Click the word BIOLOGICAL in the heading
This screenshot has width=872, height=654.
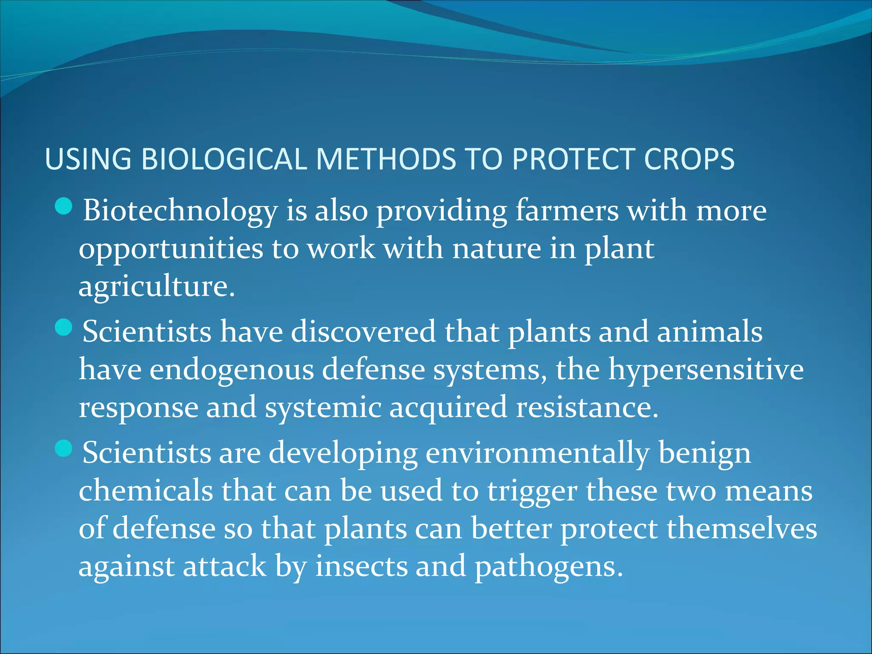pyautogui.click(x=224, y=159)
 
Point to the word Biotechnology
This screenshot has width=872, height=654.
pyautogui.click(x=180, y=211)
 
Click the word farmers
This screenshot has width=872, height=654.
pyautogui.click(x=567, y=210)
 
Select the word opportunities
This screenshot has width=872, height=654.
pyautogui.click(x=171, y=250)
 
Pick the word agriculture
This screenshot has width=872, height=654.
pyautogui.click(x=156, y=287)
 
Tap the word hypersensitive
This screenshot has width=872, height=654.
pyautogui.click(x=706, y=370)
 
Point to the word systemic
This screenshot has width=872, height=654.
pyautogui.click(x=323, y=407)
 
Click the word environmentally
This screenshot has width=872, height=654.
pyautogui.click(x=537, y=453)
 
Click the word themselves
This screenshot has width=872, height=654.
pyautogui.click(x=741, y=528)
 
